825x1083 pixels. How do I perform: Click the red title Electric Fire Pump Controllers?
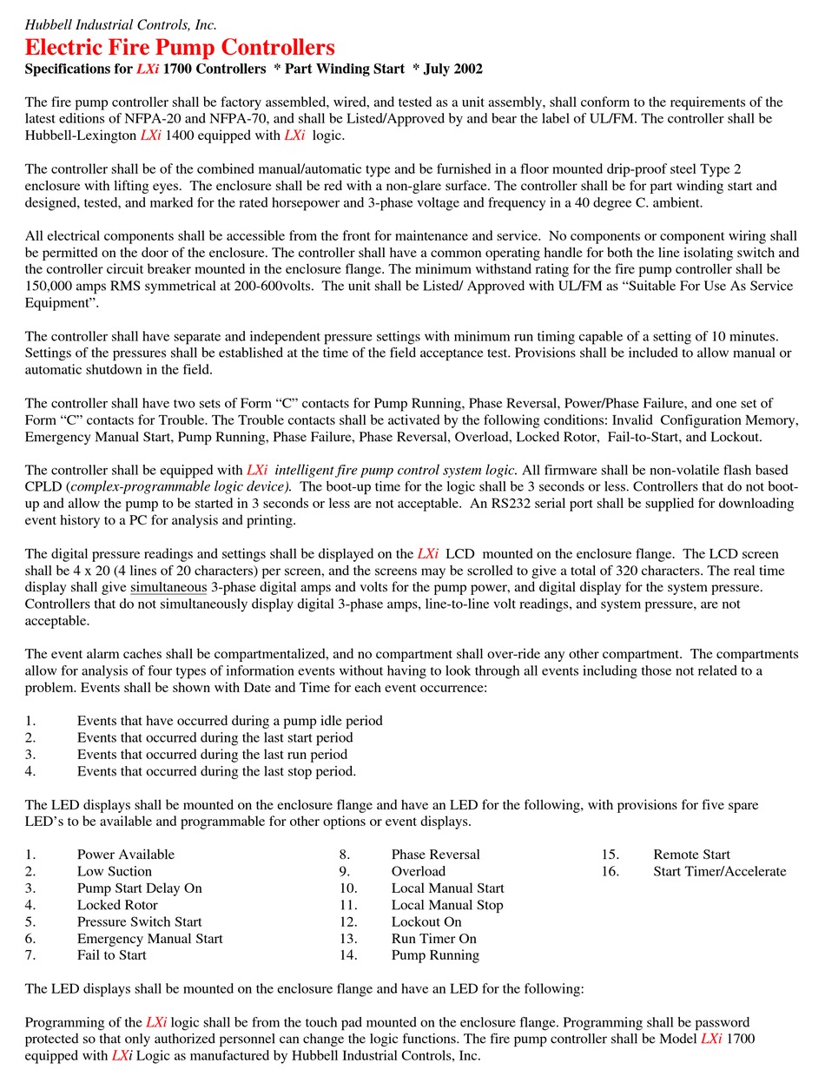pyautogui.click(x=180, y=47)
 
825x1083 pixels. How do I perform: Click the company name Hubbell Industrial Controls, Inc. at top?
pyautogui.click(x=121, y=25)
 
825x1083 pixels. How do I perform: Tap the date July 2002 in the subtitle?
pyautogui.click(x=452, y=69)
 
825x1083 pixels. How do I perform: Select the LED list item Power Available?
pyautogui.click(x=125, y=855)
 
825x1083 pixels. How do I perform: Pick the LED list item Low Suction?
pyautogui.click(x=114, y=871)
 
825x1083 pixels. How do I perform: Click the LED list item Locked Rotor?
pyautogui.click(x=117, y=905)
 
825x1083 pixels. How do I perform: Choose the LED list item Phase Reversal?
pyautogui.click(x=435, y=855)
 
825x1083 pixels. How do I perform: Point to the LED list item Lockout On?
pyautogui.click(x=426, y=921)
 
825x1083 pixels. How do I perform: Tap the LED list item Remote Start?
pyautogui.click(x=691, y=855)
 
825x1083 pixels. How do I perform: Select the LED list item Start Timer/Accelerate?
pyautogui.click(x=719, y=871)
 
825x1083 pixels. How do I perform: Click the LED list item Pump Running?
pyautogui.click(x=435, y=955)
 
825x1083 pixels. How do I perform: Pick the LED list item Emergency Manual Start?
pyautogui.click(x=149, y=939)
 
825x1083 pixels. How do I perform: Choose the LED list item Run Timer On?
pyautogui.click(x=433, y=939)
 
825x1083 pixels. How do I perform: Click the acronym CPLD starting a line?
pyautogui.click(x=43, y=487)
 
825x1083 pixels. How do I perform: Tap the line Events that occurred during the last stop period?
pyautogui.click(x=216, y=771)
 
